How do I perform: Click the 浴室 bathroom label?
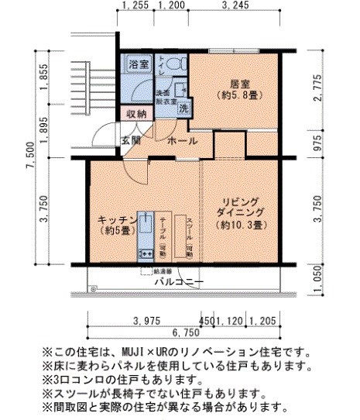(x=139, y=63)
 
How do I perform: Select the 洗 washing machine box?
(x=183, y=108)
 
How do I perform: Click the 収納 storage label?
(x=136, y=115)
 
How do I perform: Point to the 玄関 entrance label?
(x=131, y=141)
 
